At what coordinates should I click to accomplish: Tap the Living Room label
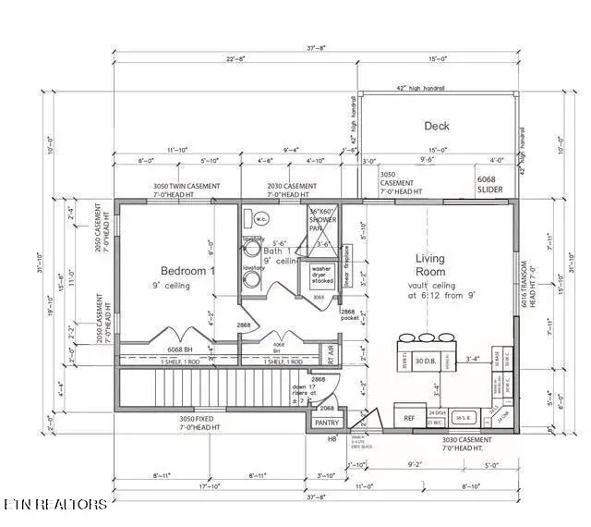430,265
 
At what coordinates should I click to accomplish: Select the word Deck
437,126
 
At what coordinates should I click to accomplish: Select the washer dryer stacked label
321,275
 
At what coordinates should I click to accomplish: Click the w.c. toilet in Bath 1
260,219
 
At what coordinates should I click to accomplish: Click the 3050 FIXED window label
200,423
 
